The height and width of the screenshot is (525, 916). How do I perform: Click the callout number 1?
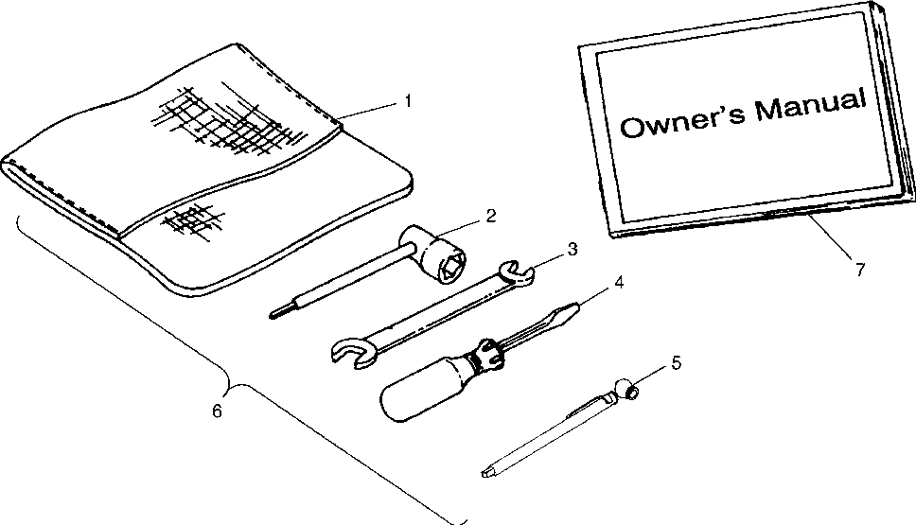point(408,98)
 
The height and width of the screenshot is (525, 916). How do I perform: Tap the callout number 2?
point(490,215)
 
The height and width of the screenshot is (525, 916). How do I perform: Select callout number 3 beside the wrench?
point(572,249)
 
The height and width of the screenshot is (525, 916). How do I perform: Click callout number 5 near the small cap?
point(676,360)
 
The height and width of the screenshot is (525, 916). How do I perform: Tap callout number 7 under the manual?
point(859,269)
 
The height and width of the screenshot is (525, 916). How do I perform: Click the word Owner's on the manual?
point(679,123)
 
